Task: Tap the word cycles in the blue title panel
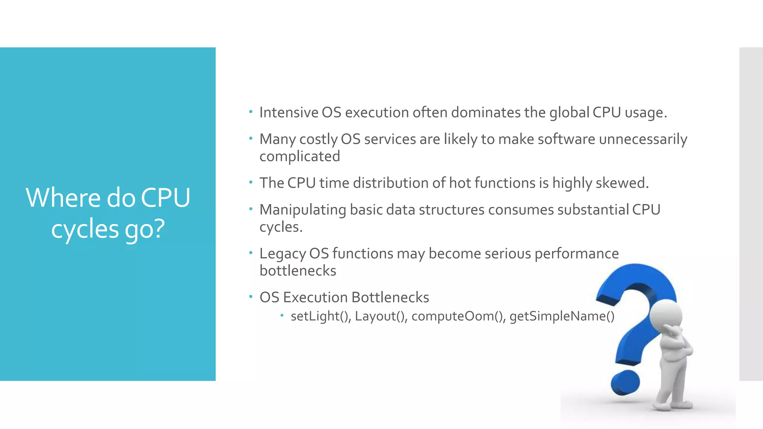tap(85, 229)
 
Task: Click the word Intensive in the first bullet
tap(289, 112)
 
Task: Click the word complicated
tap(300, 156)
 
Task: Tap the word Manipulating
tap(303, 210)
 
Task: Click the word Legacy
tap(282, 254)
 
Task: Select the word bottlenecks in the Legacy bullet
tap(298, 271)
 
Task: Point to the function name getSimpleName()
tap(562, 316)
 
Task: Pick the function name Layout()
tap(381, 316)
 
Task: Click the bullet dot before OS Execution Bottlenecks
tap(251, 297)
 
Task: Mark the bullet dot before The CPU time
tap(251, 182)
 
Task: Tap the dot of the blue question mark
tap(625, 382)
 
